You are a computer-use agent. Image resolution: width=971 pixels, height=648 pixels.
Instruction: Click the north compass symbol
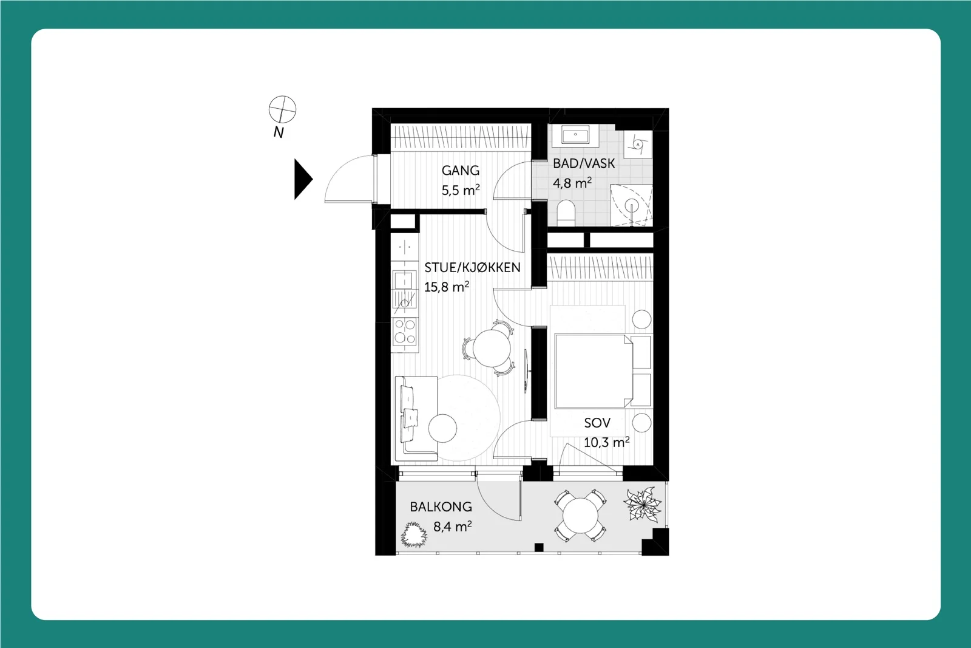282,109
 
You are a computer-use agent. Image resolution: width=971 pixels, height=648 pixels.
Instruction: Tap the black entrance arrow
303,179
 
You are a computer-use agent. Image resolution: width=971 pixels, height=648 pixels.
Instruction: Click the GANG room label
461,171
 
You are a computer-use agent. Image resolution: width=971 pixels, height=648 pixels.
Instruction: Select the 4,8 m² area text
572,183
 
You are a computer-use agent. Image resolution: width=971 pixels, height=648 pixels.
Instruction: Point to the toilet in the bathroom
566,213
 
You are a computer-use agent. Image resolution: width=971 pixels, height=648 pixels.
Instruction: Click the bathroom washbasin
575,134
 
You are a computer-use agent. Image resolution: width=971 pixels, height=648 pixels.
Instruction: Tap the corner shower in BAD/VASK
631,205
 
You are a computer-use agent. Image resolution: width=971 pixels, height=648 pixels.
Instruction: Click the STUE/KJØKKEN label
472,268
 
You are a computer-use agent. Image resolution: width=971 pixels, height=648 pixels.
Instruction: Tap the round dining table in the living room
492,348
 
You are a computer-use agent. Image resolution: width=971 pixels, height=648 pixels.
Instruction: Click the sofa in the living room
416,418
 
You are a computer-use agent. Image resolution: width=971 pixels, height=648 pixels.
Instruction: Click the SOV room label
597,423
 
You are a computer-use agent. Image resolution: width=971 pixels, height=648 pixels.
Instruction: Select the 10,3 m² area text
606,442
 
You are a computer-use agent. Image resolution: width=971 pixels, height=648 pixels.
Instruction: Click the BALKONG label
441,506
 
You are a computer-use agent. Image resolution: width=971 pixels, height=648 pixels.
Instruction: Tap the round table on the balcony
580,516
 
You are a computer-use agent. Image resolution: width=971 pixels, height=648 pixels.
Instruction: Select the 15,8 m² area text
447,287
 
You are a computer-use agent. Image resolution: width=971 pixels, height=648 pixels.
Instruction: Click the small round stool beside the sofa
442,428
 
